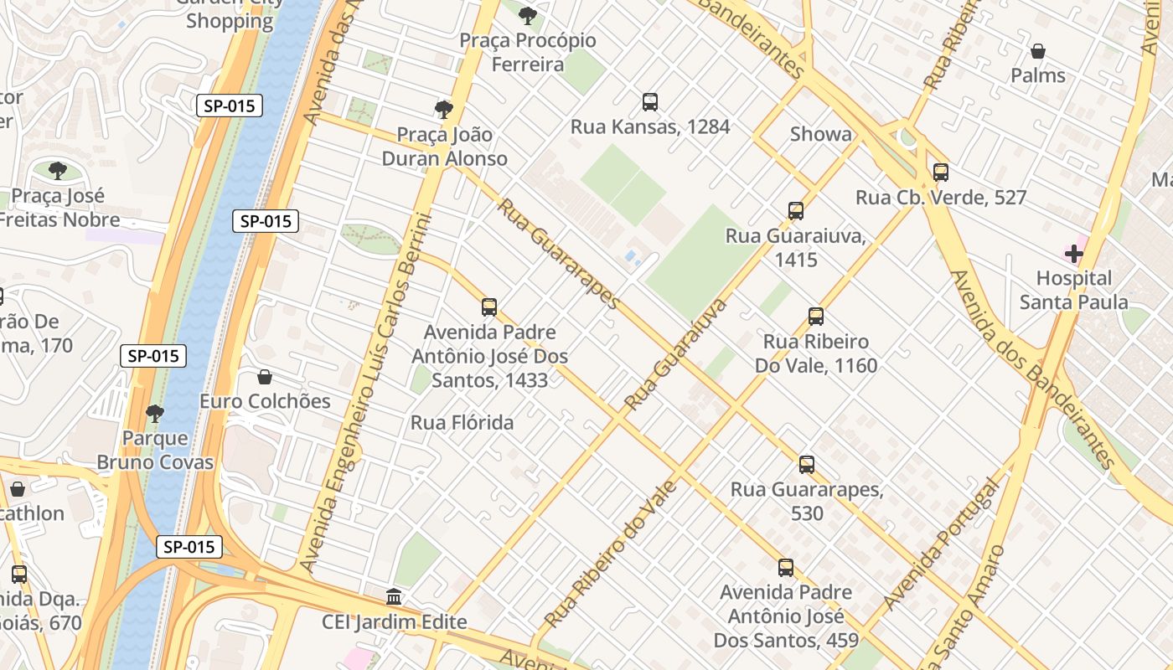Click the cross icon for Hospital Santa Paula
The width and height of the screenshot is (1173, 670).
[1073, 253]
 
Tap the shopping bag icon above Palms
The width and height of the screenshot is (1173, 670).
[1037, 51]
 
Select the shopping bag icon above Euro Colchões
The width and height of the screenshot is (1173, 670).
[265, 377]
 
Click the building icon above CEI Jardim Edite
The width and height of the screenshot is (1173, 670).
[394, 597]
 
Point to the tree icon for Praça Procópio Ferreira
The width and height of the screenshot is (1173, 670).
[528, 15]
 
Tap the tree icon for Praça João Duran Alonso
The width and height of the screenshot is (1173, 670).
[444, 109]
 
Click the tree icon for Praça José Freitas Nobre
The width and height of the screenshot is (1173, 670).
[57, 171]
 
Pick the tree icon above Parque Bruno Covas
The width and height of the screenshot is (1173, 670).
[155, 413]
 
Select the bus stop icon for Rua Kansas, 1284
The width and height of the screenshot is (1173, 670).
[649, 102]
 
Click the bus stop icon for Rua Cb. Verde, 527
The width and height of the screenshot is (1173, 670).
[941, 173]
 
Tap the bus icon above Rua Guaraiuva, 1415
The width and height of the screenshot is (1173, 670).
[795, 211]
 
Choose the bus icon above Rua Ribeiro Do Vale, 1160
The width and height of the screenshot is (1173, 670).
[816, 317]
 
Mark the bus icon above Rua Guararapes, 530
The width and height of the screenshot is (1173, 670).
[806, 464]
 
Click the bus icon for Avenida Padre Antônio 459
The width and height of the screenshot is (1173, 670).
[785, 568]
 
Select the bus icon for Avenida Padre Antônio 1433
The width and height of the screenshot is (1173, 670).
[489, 307]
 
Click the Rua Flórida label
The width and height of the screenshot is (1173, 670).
[462, 423]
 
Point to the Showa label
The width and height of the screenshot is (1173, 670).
[820, 134]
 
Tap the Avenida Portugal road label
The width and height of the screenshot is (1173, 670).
[943, 544]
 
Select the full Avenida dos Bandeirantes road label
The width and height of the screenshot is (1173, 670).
[1034, 368]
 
